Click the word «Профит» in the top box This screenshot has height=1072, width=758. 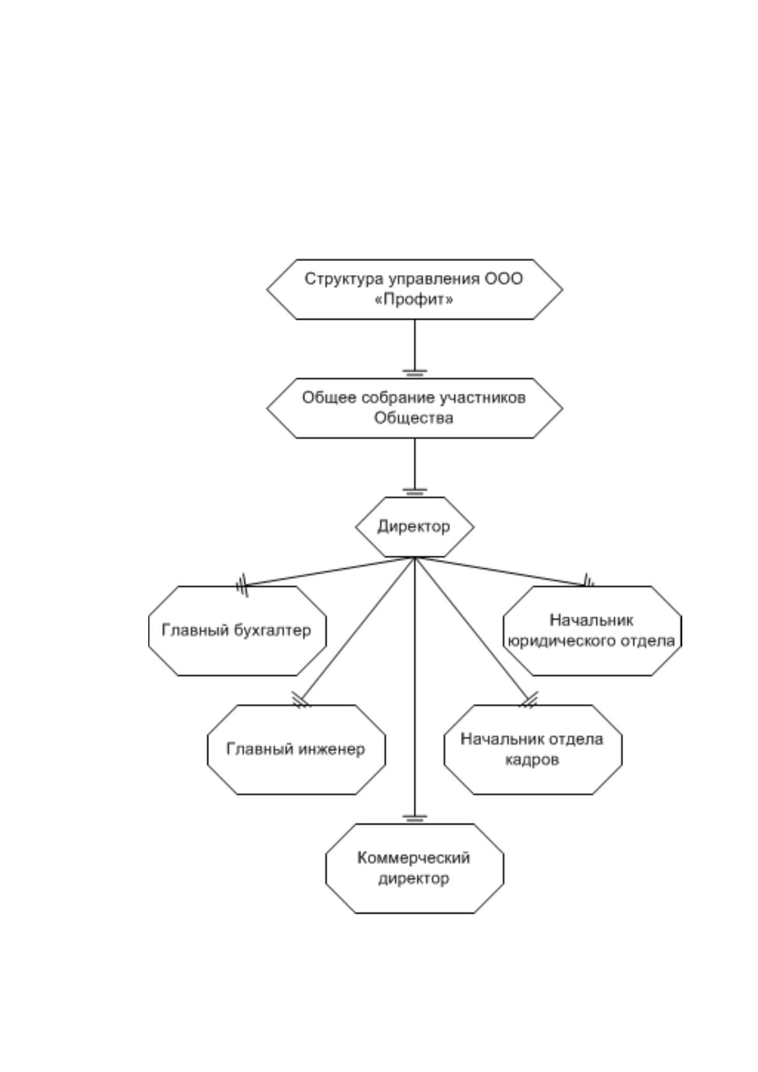(x=414, y=300)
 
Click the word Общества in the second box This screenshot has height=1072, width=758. (x=414, y=418)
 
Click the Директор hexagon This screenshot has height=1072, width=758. (x=414, y=526)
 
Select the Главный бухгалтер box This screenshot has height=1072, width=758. (x=237, y=631)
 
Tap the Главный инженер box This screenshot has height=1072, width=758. (x=296, y=749)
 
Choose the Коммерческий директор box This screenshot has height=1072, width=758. (x=414, y=868)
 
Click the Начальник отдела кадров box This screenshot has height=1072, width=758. (x=533, y=749)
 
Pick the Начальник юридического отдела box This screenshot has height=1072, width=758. (x=593, y=631)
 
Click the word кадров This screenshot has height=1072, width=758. (x=532, y=760)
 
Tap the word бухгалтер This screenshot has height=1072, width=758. (x=272, y=631)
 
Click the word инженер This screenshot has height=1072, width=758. (x=330, y=749)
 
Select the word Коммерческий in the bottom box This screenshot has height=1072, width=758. (x=414, y=858)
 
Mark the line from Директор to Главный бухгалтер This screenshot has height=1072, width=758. (x=328, y=572)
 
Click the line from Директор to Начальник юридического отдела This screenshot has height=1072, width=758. (x=501, y=572)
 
